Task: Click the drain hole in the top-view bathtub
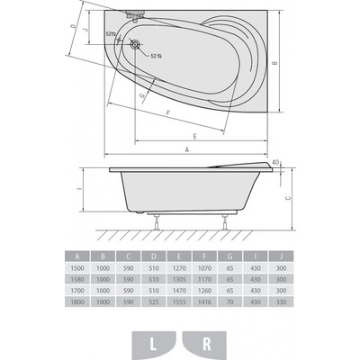coord(136,43)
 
